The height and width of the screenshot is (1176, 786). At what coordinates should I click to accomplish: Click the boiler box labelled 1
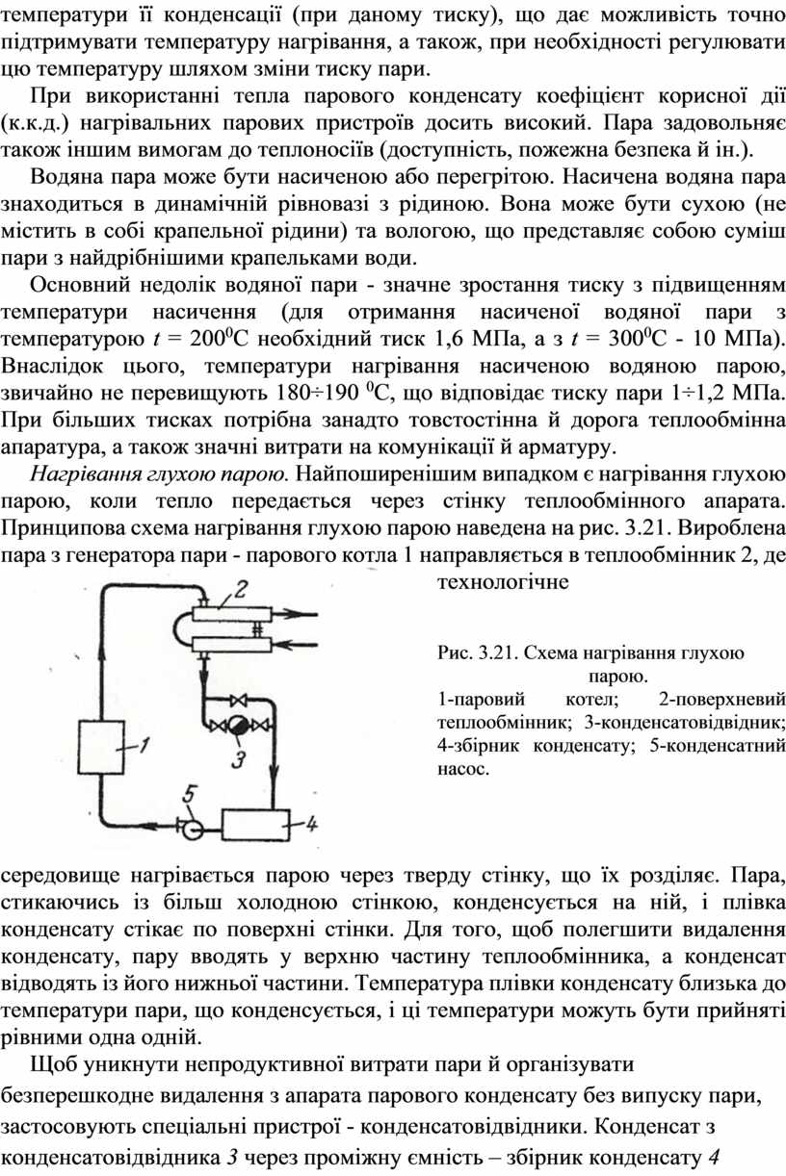101,747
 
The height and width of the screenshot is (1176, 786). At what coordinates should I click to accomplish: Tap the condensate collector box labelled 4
256,825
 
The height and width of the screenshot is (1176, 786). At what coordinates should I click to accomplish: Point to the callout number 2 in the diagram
239,590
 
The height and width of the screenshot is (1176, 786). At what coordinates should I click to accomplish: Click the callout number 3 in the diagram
239,759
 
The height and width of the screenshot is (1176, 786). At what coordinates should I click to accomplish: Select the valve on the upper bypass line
238,701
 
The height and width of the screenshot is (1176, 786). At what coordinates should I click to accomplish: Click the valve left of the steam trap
217,727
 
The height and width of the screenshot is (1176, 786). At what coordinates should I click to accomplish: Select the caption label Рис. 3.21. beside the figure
478,653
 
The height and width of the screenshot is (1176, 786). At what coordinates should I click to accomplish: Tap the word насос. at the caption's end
463,770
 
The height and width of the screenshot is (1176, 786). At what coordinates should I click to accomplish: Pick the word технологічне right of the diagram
504,582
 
